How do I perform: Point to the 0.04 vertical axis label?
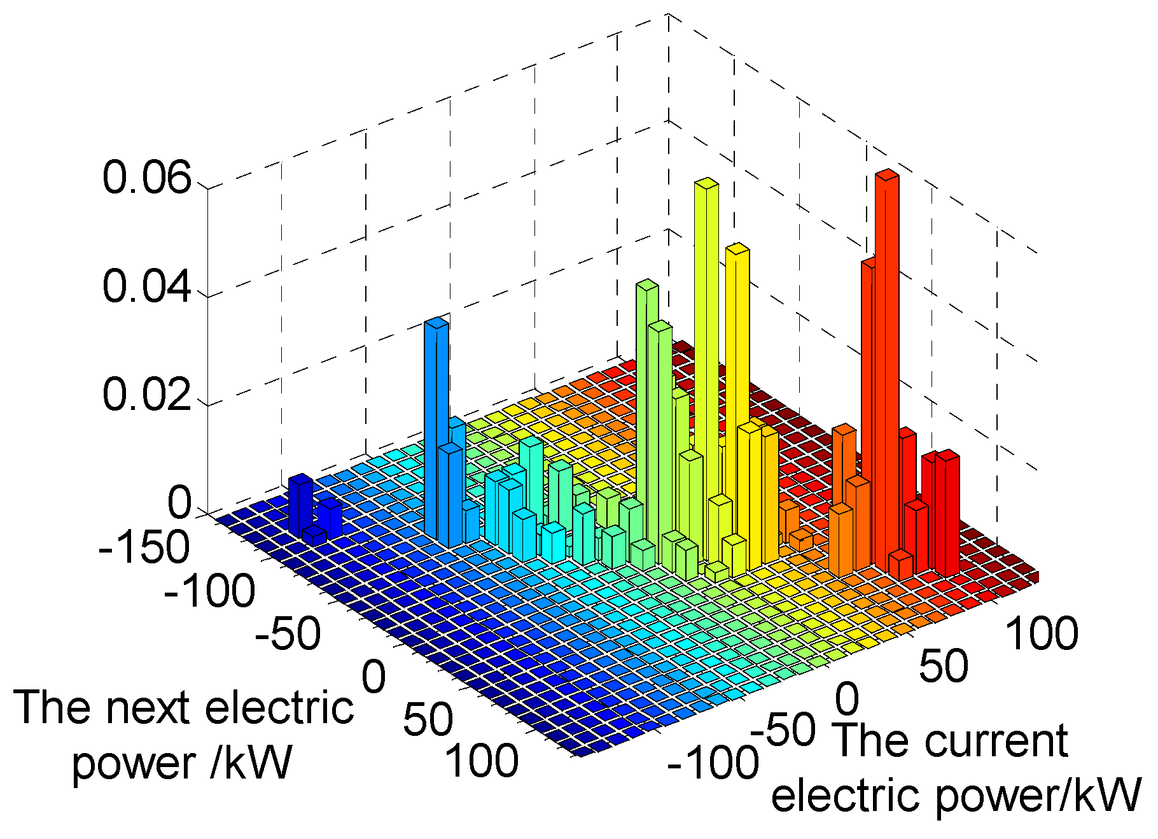tap(146, 286)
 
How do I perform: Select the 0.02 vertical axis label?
tap(146, 394)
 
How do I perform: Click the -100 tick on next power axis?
tap(209, 591)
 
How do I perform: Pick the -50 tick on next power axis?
tap(288, 635)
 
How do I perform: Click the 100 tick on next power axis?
tap(483, 761)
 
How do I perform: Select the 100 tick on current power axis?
tap(1042, 634)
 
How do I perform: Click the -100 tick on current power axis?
tap(713, 762)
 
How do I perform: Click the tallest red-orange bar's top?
tap(886, 175)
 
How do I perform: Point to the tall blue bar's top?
tap(436, 322)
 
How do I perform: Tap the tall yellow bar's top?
tap(737, 248)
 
